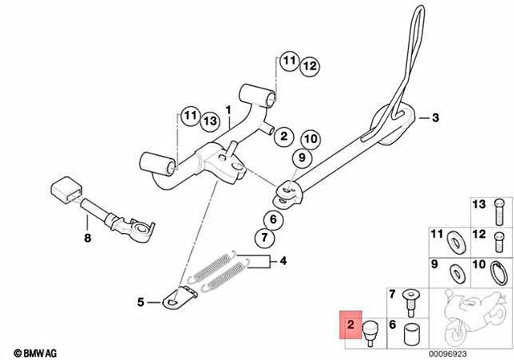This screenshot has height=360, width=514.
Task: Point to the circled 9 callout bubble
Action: coord(304,159)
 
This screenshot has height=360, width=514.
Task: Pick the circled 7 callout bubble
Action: coord(262,238)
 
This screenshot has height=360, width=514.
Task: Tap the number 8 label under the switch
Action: coord(88,239)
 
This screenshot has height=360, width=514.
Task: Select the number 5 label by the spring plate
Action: coord(140,302)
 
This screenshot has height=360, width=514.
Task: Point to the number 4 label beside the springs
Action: coord(282,261)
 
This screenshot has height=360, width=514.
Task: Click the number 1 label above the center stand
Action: coord(227,108)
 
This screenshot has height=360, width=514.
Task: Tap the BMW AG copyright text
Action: coord(28,353)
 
